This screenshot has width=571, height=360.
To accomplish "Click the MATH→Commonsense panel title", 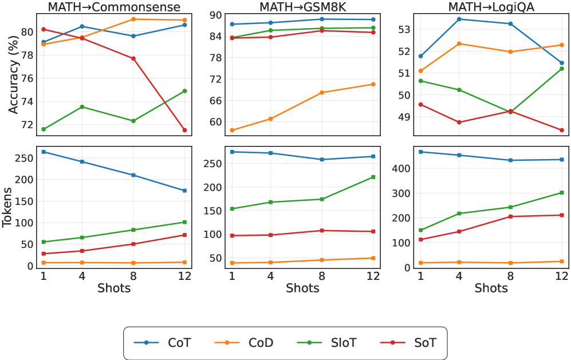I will click(x=113, y=7).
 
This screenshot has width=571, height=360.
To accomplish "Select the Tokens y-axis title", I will click(x=9, y=207).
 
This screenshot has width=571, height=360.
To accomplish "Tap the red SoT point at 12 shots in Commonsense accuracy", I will click(x=185, y=130).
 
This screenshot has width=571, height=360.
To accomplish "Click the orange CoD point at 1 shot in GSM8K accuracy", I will click(x=232, y=130).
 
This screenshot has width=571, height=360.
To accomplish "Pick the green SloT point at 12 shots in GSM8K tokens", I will click(x=373, y=177).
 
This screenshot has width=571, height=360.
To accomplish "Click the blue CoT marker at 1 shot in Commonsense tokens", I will click(x=44, y=152).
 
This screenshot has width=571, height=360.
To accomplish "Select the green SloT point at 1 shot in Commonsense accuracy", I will click(x=44, y=129).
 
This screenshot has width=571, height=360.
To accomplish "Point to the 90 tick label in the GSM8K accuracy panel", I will click(x=215, y=15).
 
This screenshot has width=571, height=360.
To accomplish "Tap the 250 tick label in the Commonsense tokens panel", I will click(x=24, y=157).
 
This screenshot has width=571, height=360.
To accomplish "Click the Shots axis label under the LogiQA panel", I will click(x=491, y=288).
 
